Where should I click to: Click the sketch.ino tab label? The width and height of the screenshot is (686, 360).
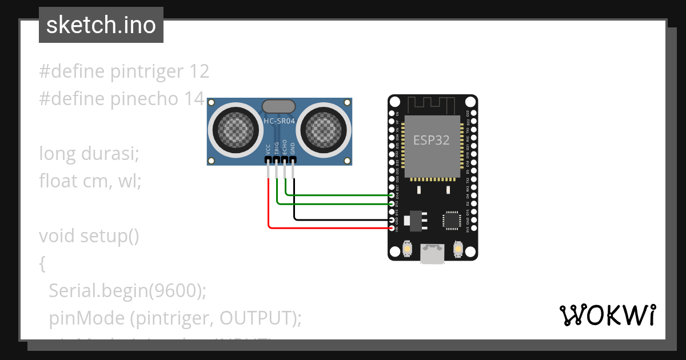point(101,25)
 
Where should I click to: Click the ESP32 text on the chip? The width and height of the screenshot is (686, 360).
point(432,140)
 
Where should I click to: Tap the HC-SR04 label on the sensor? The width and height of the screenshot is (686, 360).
point(279,121)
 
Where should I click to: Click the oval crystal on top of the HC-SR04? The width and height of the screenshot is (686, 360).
point(279,106)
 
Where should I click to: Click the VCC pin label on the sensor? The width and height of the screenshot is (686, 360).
point(268,149)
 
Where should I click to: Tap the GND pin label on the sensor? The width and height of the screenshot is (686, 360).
point(293,149)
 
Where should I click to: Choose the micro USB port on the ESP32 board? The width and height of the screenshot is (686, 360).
point(432,254)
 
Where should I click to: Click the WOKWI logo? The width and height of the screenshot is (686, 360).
point(607,315)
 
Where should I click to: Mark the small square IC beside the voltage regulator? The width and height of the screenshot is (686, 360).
point(452,220)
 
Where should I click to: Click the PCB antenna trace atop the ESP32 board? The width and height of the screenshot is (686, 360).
point(432,105)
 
